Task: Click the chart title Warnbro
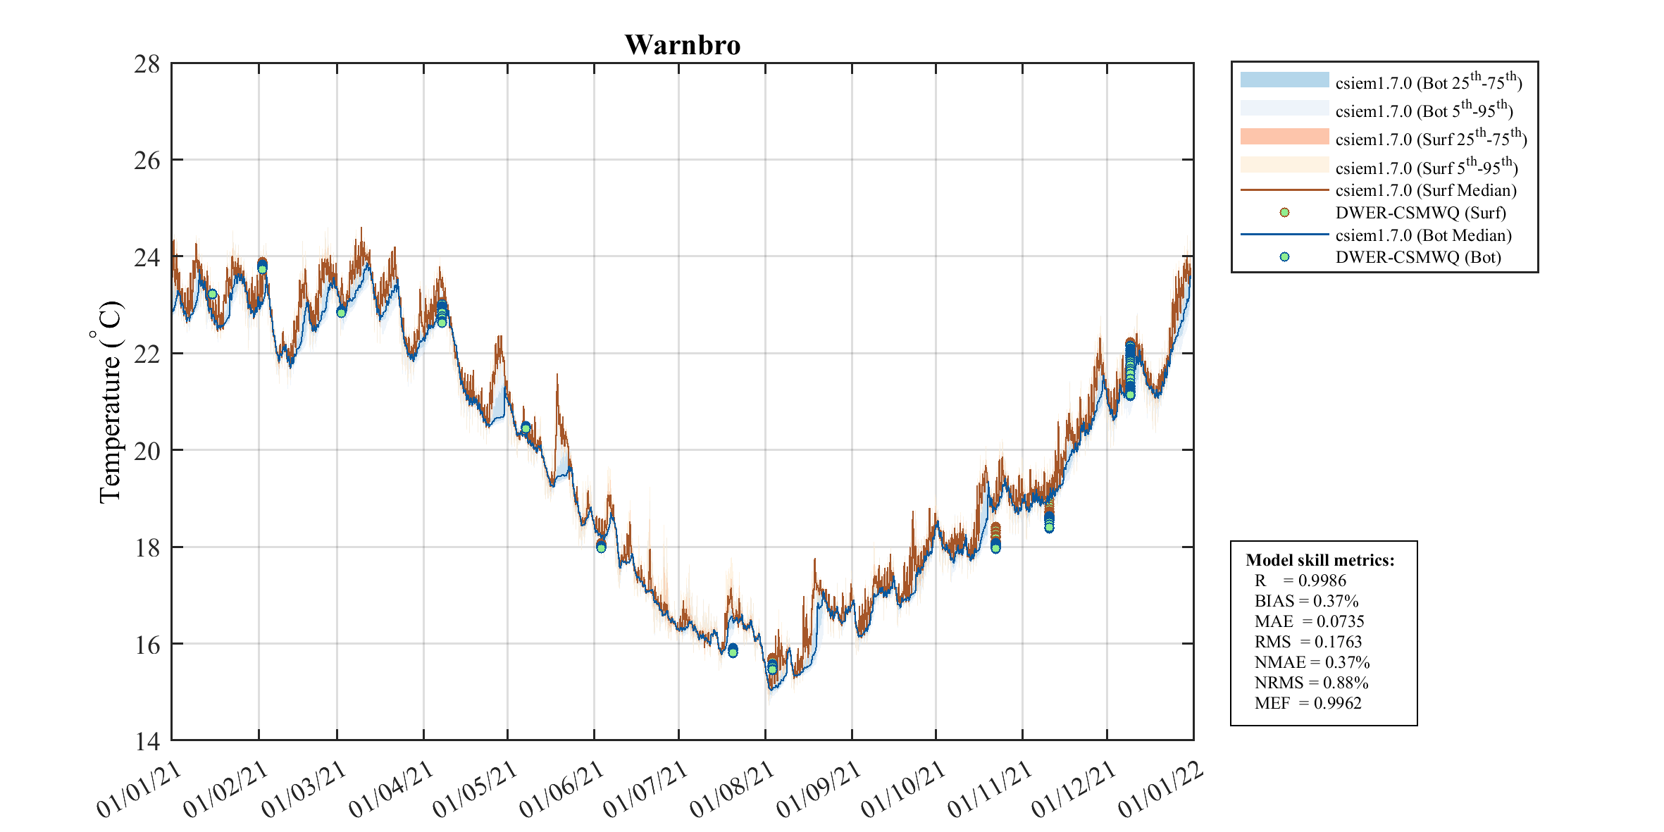click(682, 45)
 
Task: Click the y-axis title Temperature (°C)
click(108, 402)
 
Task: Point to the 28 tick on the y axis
click(147, 64)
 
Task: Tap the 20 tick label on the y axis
click(147, 451)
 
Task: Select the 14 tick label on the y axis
click(147, 741)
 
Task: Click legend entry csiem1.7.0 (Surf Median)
click(1425, 190)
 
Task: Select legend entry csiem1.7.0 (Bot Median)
click(1423, 235)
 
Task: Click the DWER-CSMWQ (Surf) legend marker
click(1284, 213)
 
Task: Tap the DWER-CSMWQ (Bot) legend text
click(1417, 257)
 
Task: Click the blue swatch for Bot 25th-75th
click(1284, 80)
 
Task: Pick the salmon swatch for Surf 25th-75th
click(1284, 137)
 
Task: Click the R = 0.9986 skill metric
click(1300, 580)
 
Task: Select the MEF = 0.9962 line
click(1308, 703)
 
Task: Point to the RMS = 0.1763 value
click(1308, 642)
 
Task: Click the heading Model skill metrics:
click(1320, 560)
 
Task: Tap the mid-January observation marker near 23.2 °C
click(212, 294)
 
